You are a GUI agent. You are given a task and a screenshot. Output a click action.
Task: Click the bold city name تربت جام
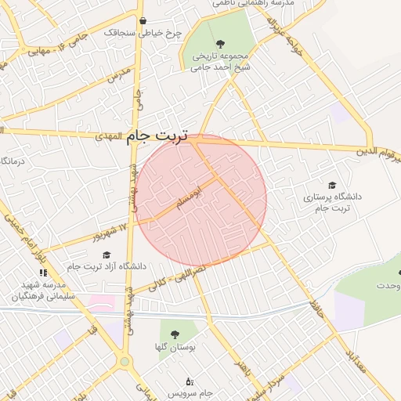pyautogui.click(x=157, y=136)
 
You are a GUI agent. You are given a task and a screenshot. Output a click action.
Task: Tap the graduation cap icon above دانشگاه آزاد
pyautogui.click(x=107, y=255)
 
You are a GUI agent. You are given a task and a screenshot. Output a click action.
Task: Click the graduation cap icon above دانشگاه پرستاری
pyautogui.click(x=332, y=185)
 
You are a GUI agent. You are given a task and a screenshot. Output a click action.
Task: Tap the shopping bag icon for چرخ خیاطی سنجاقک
pyautogui.click(x=142, y=21)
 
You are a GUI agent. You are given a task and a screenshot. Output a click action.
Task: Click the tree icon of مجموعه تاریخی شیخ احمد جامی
pyautogui.click(x=219, y=44)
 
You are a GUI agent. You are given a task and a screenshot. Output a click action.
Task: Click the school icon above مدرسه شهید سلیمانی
pyautogui.click(x=43, y=273)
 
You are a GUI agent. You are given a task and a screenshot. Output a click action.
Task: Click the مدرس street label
pyautogui.click(x=117, y=76)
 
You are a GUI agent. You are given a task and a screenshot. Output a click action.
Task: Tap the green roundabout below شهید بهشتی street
pyautogui.click(x=124, y=362)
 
